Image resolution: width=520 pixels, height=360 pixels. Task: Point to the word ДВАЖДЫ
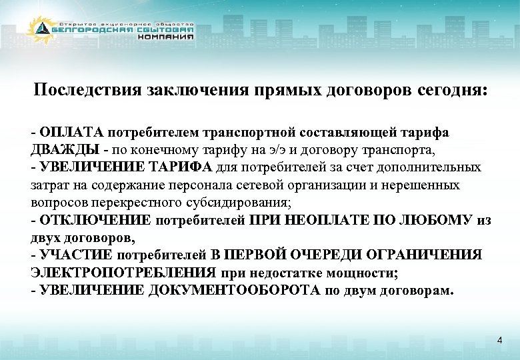coord(61,149)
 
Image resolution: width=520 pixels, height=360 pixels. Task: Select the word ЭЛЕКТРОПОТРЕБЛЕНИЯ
coord(123,273)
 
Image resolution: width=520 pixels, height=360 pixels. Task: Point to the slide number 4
coord(499,341)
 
